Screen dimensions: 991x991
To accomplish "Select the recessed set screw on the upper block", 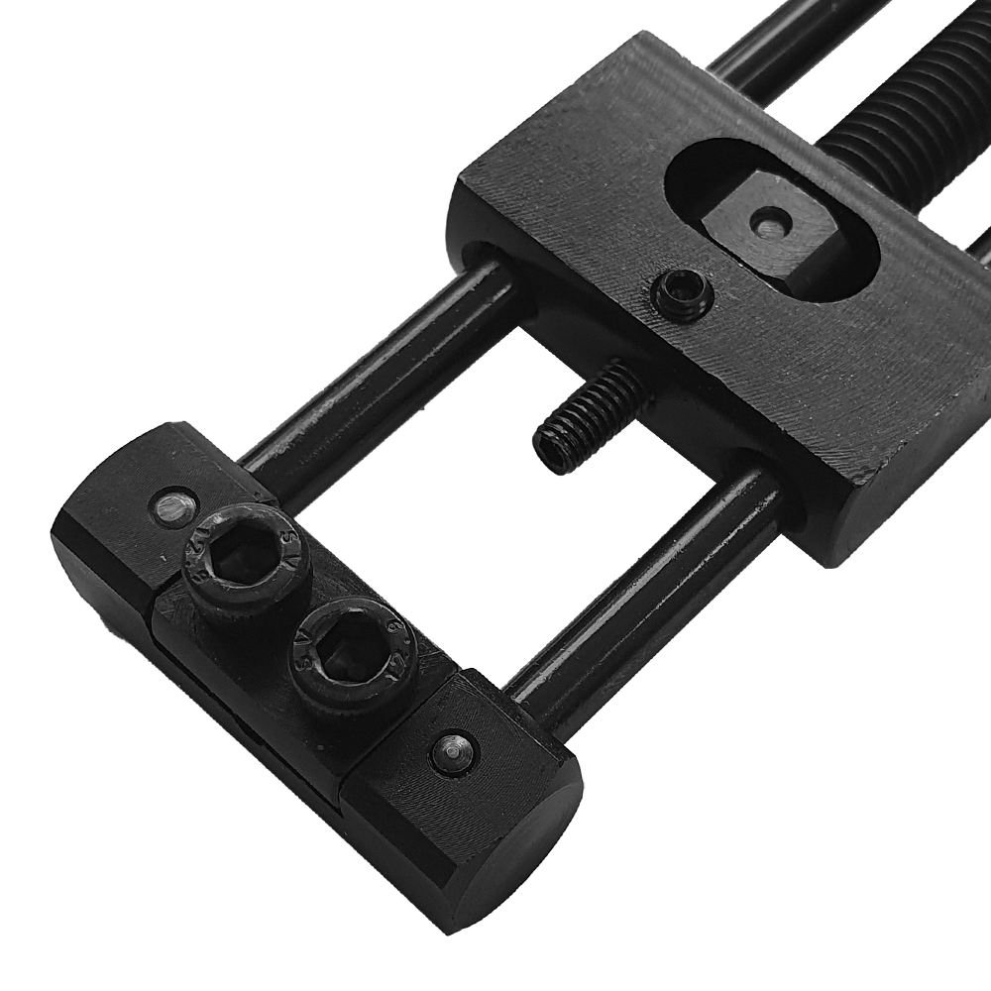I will pyautogui.click(x=682, y=294).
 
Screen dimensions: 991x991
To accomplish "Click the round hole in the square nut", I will pyautogui.click(x=771, y=224).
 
